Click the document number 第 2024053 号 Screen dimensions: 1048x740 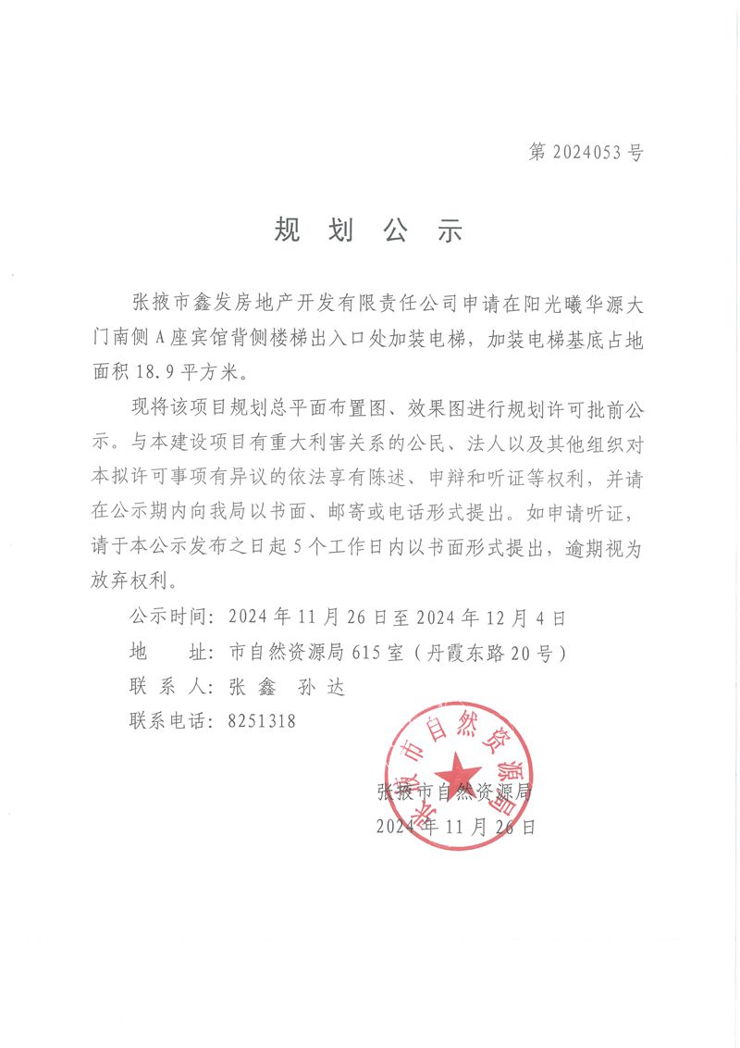point(586,153)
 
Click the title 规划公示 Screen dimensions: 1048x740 point(367,231)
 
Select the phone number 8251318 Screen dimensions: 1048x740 point(262,720)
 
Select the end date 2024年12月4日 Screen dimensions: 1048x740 point(491,616)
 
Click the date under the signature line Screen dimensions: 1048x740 point(455,827)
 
